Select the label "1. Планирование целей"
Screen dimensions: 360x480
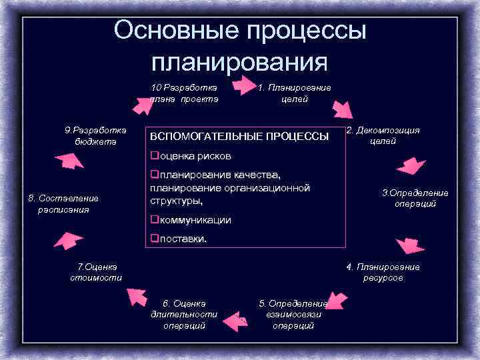tap(294, 93)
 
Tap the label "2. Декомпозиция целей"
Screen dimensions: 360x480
tap(383, 135)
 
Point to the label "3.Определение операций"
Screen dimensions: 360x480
tap(415, 198)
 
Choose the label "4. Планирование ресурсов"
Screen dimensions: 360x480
tap(383, 272)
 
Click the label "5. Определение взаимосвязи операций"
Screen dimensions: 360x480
tap(293, 314)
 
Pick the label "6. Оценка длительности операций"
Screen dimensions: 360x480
tap(184, 314)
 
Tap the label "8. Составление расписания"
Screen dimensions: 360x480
tap(63, 203)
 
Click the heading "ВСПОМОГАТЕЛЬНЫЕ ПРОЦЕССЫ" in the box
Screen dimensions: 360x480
tap(240, 137)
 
